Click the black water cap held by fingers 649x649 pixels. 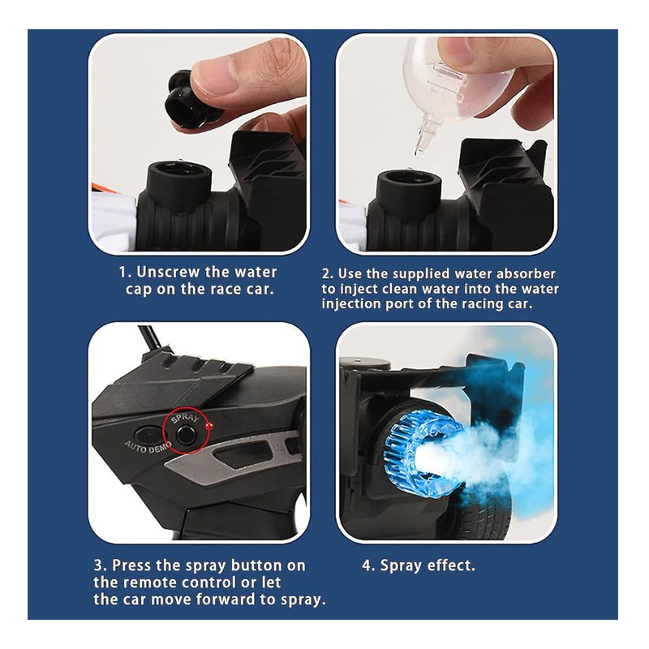(186, 101)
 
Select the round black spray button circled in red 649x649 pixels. (186, 435)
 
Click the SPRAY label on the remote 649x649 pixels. (185, 418)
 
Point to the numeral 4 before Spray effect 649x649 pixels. (367, 565)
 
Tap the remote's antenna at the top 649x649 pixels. (150, 337)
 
